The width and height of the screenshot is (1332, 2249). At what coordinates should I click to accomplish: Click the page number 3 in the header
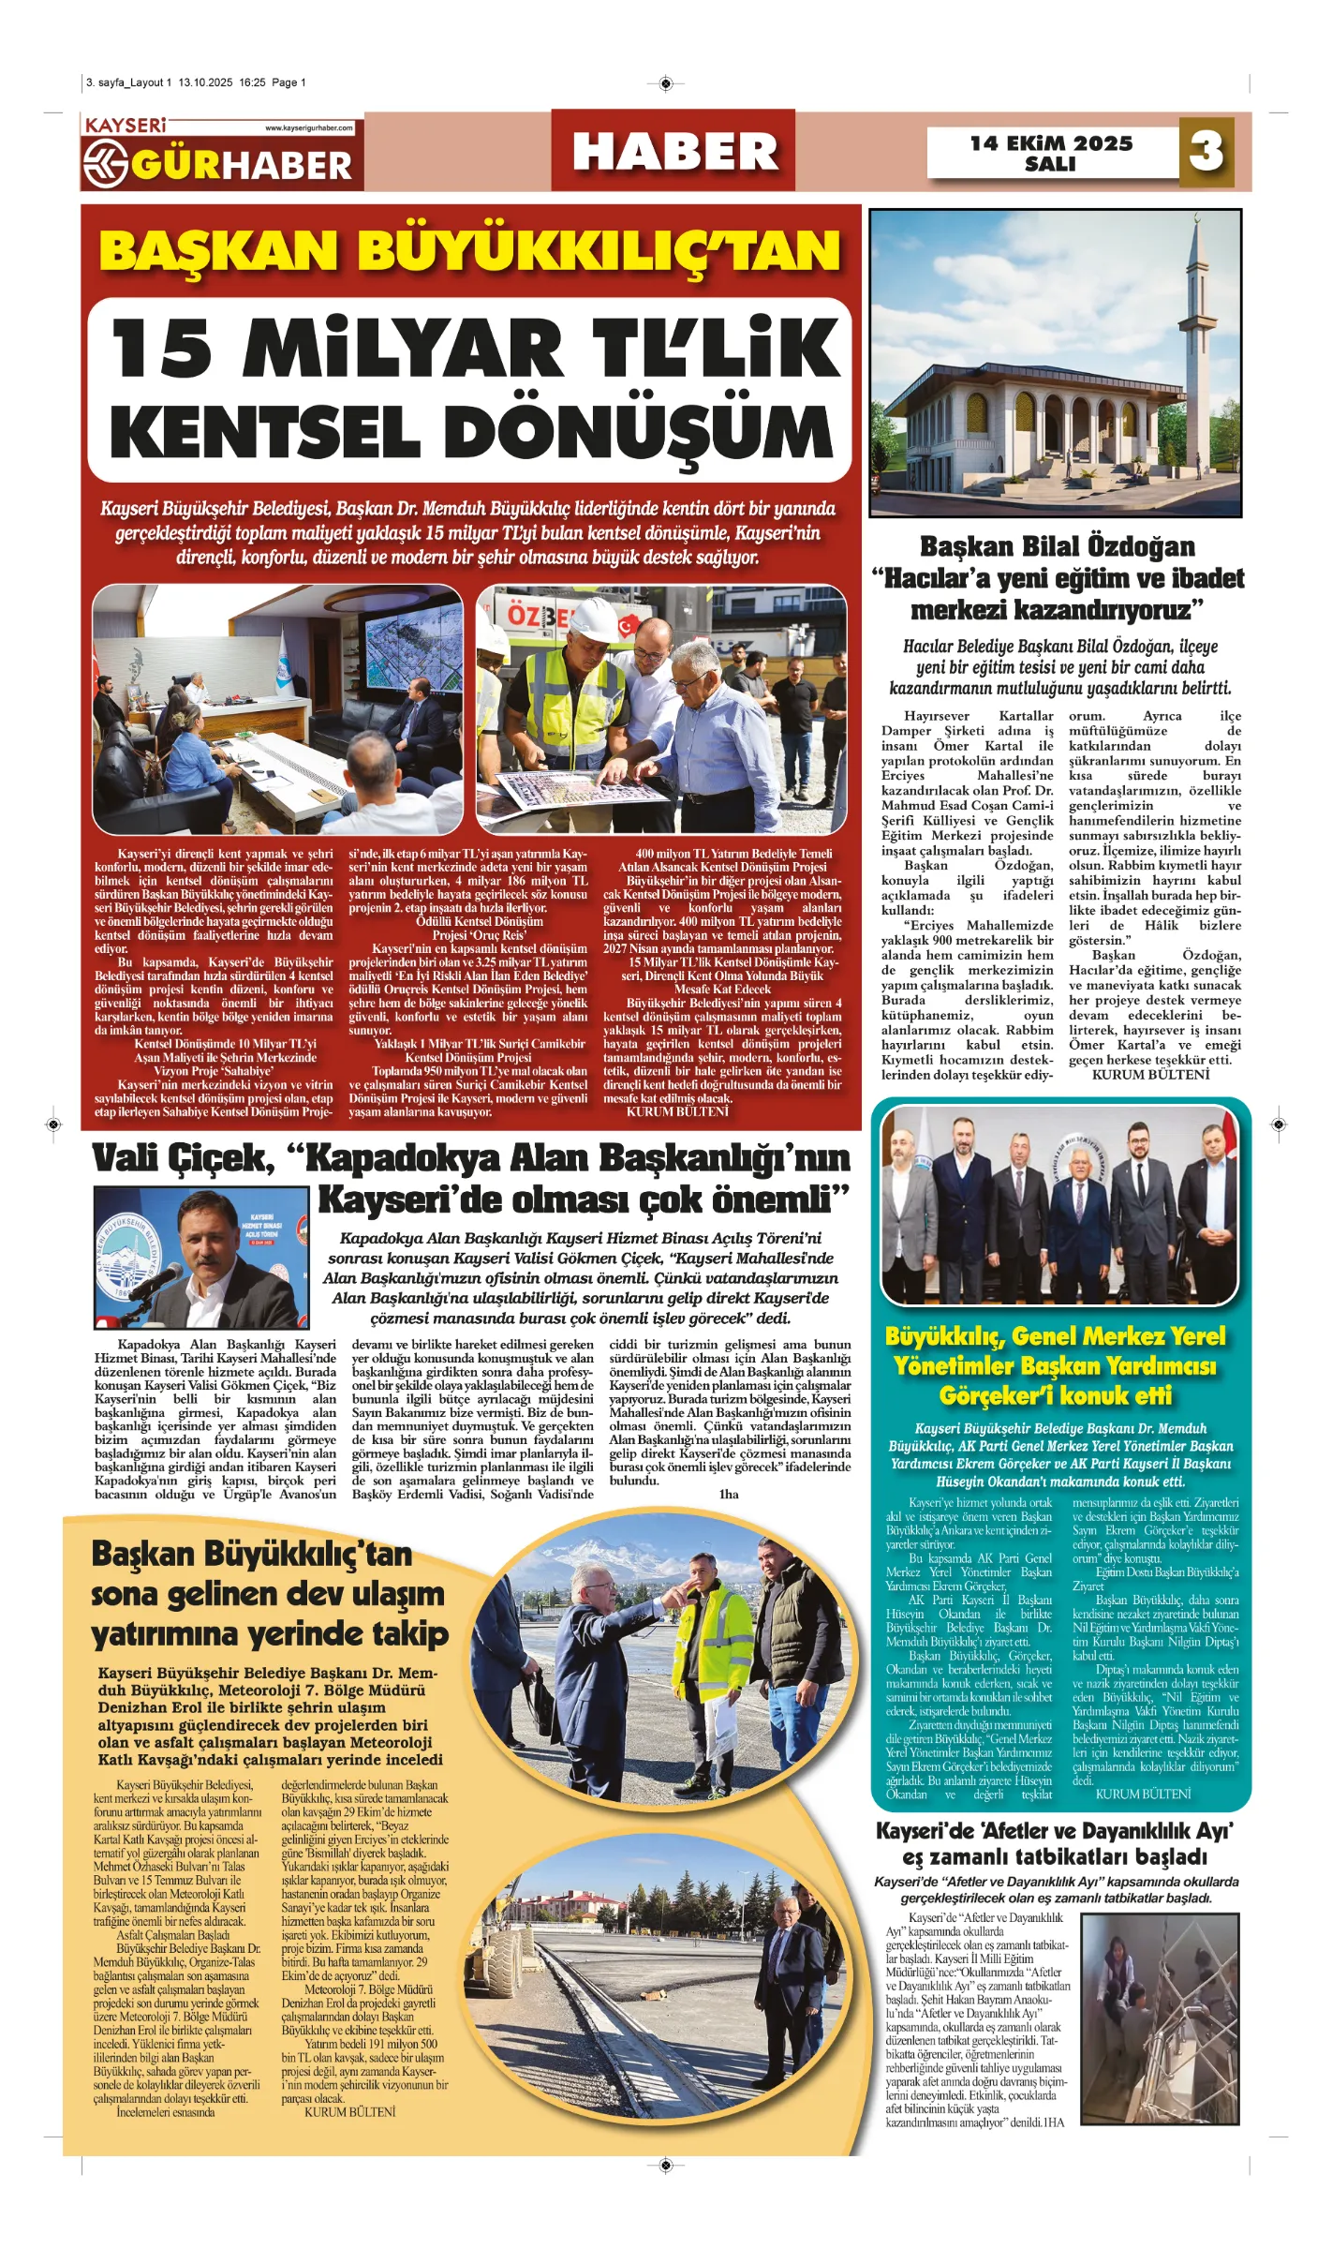1206,150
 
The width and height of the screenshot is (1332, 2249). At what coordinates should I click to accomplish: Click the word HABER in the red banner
674,152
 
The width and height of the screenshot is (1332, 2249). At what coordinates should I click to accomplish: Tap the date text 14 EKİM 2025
1051,143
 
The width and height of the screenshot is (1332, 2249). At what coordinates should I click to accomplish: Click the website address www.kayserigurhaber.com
308,128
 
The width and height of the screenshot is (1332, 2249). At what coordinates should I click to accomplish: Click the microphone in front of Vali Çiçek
159,1279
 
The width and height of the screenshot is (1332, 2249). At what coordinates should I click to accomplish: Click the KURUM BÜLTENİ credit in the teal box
1142,1793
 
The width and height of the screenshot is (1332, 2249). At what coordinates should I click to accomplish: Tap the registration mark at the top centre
665,83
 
